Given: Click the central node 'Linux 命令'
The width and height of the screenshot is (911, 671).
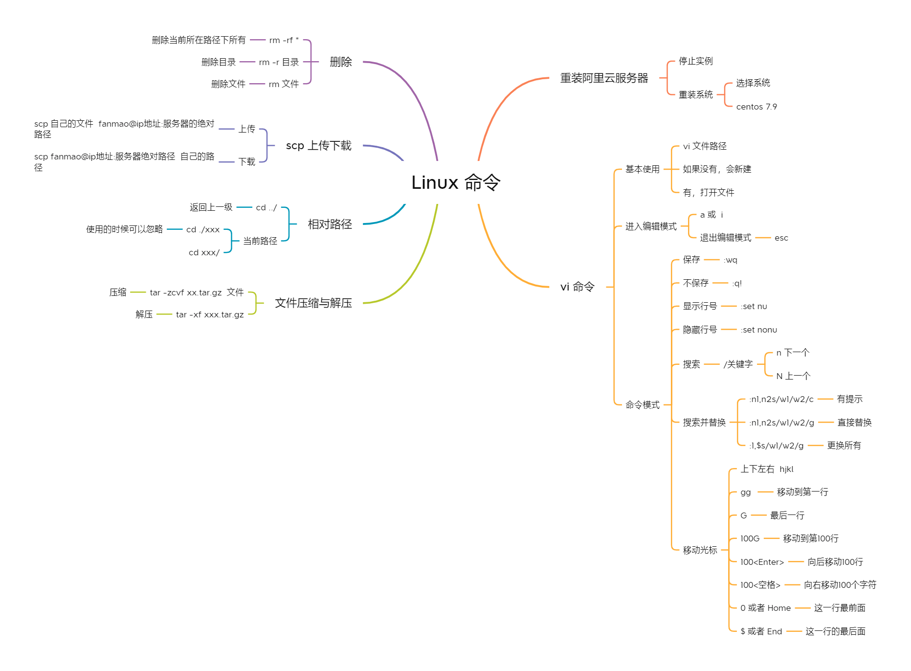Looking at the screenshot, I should [x=455, y=182].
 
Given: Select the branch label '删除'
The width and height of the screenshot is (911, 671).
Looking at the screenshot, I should [x=340, y=62].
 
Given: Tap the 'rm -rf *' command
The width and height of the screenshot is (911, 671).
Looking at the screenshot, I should [x=284, y=40].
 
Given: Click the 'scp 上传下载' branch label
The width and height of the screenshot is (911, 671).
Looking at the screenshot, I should [x=318, y=146].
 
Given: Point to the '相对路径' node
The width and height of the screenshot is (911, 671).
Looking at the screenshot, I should [x=330, y=224].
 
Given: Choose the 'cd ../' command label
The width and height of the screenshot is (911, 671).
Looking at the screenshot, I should [x=266, y=207].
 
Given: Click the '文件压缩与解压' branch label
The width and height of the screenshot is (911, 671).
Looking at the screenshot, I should [x=313, y=303].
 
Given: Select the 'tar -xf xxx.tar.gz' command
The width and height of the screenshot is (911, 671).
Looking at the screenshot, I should [x=210, y=314].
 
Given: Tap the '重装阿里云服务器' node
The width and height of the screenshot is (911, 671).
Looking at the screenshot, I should [x=603, y=78].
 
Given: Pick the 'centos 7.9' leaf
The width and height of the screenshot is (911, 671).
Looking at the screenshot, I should [x=756, y=107].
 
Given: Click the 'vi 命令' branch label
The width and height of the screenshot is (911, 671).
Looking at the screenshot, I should [x=577, y=287].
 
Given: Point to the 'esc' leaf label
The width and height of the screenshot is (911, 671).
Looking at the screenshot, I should [x=781, y=238].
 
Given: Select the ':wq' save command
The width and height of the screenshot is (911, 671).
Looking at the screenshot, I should [x=730, y=260].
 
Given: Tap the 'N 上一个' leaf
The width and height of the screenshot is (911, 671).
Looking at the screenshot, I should [x=793, y=376].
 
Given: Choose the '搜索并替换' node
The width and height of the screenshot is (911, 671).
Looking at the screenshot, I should [x=704, y=422].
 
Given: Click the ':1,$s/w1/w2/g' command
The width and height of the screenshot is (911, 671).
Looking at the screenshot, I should [x=776, y=446].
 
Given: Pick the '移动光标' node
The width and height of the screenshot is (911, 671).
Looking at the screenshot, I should [x=700, y=550].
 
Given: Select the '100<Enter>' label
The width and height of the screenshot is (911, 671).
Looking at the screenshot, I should [x=761, y=562].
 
